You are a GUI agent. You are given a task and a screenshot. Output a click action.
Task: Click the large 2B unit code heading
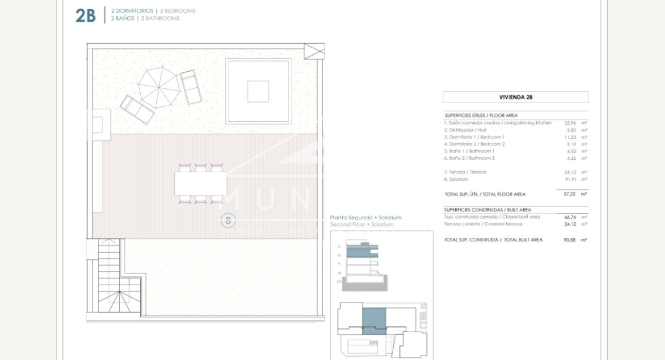pyautogui.click(x=86, y=15)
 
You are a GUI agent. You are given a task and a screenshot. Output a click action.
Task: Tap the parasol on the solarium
pyautogui.click(x=159, y=87)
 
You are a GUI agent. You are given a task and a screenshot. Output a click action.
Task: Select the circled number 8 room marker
pyautogui.click(x=228, y=220)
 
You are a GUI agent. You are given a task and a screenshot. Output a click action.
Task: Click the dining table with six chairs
pyautogui.click(x=201, y=184)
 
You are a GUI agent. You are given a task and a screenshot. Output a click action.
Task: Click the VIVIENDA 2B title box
pyautogui.click(x=515, y=97)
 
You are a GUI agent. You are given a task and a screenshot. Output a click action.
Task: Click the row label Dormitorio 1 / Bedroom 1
pyautogui.click(x=474, y=137)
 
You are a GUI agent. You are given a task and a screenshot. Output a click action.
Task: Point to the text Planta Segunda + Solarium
pyautogui.click(x=365, y=218)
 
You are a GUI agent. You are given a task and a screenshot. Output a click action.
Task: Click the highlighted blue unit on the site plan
pyautogui.click(x=374, y=321)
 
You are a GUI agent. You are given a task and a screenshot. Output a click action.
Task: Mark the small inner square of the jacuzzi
pyautogui.click(x=258, y=91)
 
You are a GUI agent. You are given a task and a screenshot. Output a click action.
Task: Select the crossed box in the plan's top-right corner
pyautogui.click(x=314, y=51)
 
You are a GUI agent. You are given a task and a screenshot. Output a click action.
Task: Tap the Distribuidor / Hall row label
pyautogui.click(x=465, y=130)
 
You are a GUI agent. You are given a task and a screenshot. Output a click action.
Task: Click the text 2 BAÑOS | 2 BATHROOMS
pyautogui.click(x=142, y=19)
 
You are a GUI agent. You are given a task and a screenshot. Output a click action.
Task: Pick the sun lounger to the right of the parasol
pyautogui.click(x=191, y=87)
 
